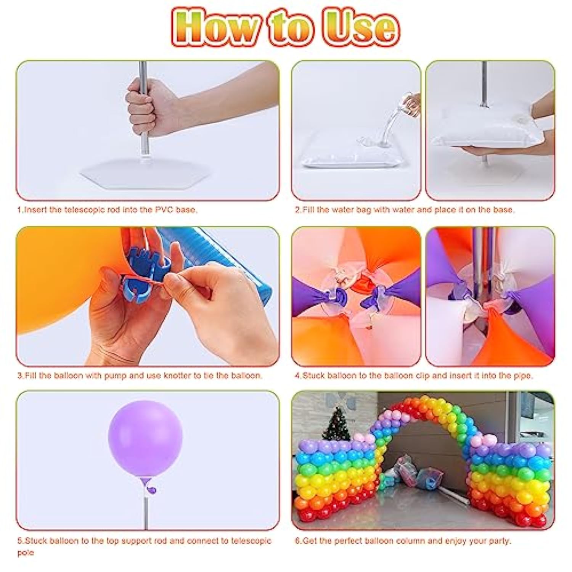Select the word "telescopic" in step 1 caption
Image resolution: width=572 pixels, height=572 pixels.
(x=84, y=210)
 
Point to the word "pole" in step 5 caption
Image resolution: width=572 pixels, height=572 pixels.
(x=26, y=553)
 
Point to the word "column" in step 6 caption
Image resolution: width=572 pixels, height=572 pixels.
(x=414, y=541)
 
